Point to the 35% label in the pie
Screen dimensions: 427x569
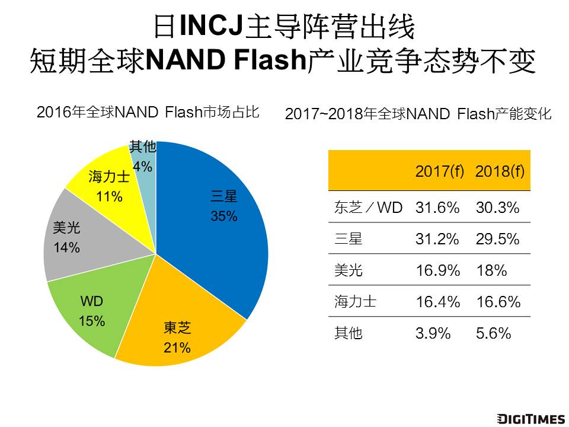coord(224,216)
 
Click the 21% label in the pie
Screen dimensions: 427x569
coord(177,346)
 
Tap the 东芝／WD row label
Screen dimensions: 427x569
coord(369,208)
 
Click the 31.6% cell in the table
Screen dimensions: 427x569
coord(438,208)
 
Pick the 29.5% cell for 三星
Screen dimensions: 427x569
coord(498,239)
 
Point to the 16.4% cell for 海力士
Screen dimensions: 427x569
coord(438,302)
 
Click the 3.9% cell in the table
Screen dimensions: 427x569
coord(433,333)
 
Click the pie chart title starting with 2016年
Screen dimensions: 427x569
coord(148,111)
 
